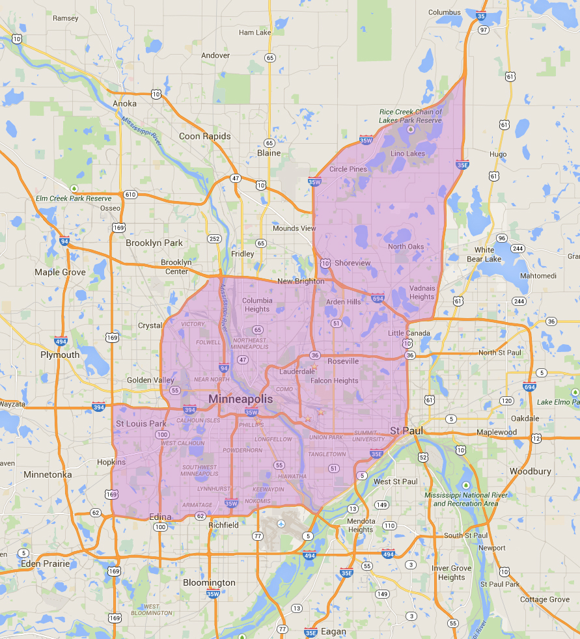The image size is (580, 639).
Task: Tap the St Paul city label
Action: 407,431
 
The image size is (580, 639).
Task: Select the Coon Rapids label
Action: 205,136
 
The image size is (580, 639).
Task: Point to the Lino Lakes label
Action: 407,154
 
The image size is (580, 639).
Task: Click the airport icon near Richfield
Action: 281,524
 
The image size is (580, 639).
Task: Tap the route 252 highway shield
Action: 214,239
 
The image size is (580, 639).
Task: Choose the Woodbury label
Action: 531,470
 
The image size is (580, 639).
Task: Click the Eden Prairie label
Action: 44,563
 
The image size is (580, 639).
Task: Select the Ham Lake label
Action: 255,32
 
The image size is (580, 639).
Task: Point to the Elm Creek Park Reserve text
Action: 74,198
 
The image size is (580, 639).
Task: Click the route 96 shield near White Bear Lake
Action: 501,238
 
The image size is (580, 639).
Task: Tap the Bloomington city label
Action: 209,582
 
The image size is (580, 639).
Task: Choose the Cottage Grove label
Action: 545,599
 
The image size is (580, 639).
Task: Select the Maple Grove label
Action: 60,272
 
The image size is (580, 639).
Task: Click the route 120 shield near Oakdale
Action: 507,401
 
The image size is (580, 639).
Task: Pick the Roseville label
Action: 343,361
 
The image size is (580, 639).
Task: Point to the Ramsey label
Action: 65,18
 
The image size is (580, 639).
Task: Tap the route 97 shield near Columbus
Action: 483,30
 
